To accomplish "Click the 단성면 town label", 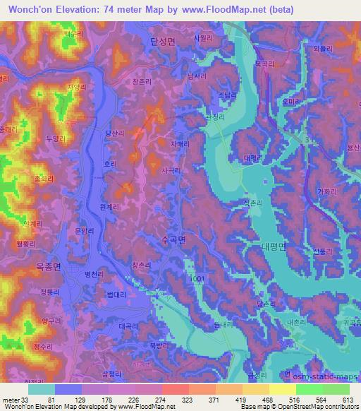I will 162,42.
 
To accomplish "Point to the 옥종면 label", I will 49,267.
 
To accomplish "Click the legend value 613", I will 348,399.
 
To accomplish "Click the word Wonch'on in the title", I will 26,9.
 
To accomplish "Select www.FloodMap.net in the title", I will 220,9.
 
